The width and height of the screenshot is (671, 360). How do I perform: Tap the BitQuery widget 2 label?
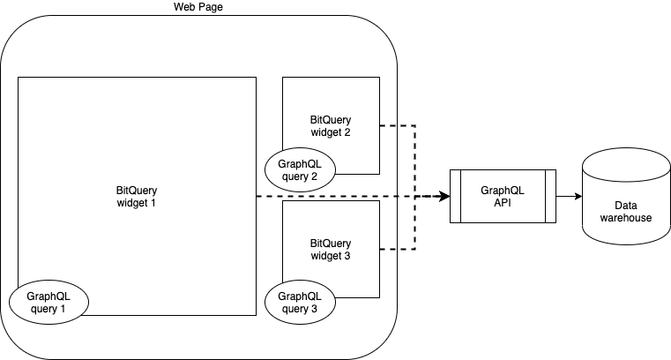[331, 125]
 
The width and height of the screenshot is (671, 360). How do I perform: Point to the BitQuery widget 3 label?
[331, 249]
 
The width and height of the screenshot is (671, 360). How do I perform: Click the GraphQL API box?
[503, 196]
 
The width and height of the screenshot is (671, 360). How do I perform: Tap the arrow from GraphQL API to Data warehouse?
[567, 196]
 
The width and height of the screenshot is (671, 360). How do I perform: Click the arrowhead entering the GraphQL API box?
[445, 196]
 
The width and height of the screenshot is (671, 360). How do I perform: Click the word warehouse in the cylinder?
[626, 217]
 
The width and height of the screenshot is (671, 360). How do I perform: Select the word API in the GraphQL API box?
[503, 202]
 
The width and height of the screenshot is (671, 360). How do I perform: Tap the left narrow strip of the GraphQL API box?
[456, 196]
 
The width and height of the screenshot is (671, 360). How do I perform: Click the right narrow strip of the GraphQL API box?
[549, 196]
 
